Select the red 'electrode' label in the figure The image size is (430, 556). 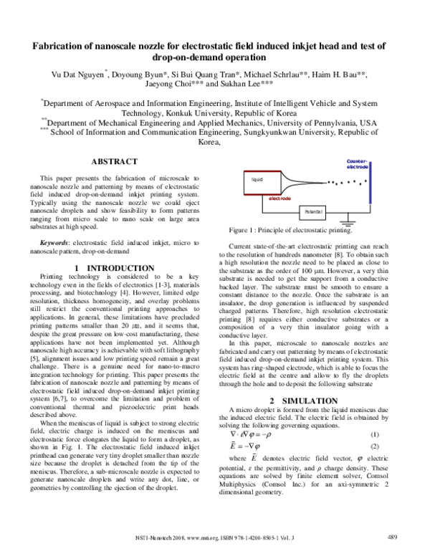[x=279, y=197]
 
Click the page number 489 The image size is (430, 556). [x=392, y=537]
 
